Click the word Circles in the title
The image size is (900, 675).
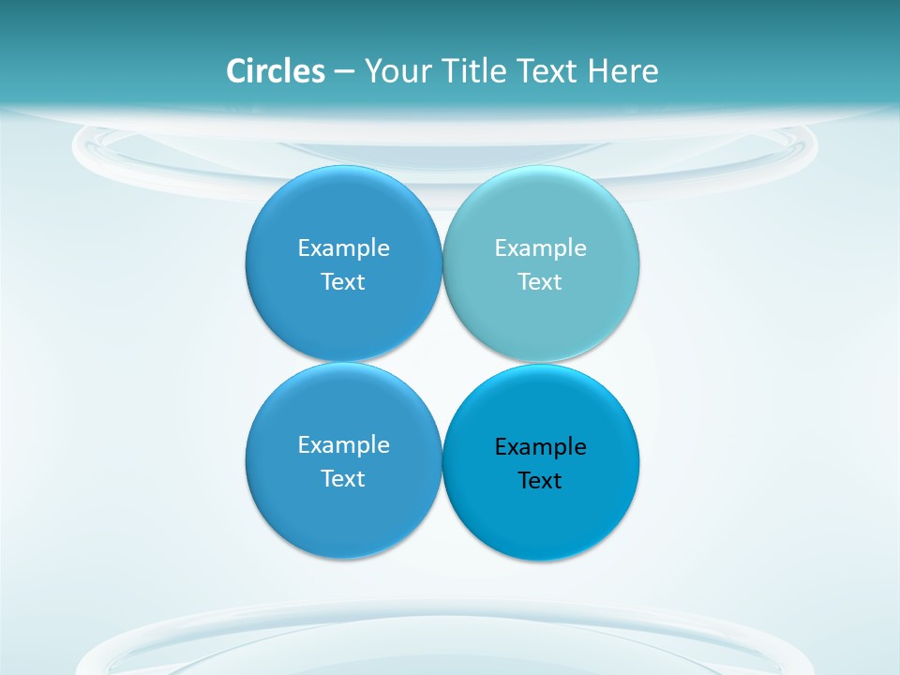click(x=276, y=71)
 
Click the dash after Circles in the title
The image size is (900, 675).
click(x=344, y=72)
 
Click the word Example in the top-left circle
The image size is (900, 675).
click(x=343, y=247)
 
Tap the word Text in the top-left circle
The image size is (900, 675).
click(x=343, y=281)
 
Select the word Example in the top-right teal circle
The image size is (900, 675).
click(x=540, y=247)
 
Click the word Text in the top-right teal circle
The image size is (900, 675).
click(x=540, y=281)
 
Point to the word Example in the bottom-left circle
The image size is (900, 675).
click(x=343, y=444)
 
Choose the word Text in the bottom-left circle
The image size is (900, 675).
click(x=343, y=478)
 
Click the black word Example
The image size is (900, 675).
click(x=540, y=446)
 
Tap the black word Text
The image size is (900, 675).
click(x=540, y=480)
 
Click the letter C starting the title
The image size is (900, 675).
click(x=236, y=71)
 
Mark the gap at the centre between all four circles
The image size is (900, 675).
click(x=442, y=362)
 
